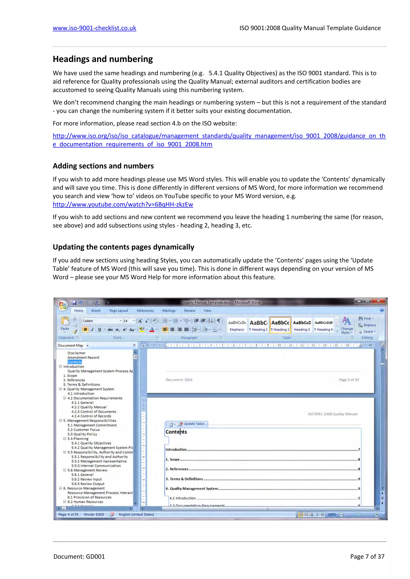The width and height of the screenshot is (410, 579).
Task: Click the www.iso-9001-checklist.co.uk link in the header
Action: click(x=94, y=28)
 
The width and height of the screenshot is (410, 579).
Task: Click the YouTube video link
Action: click(x=123, y=204)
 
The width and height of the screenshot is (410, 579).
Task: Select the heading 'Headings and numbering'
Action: click(x=103, y=59)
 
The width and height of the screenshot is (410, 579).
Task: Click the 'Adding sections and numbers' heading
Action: click(x=103, y=166)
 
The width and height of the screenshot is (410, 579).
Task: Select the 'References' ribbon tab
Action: click(x=145, y=311)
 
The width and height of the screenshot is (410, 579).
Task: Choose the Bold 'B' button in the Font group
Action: click(x=85, y=330)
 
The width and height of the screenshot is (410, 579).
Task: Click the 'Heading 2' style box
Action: click(x=280, y=325)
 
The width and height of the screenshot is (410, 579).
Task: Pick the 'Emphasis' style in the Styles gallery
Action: click(x=237, y=325)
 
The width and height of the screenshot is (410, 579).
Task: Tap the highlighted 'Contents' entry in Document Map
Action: click(x=75, y=362)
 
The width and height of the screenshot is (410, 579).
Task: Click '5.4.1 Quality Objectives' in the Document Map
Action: click(x=91, y=443)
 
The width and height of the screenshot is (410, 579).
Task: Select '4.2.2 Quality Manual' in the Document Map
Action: click(x=89, y=407)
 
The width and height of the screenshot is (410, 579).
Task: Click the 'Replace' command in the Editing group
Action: click(x=369, y=325)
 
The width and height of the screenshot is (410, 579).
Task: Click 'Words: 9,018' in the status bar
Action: click(x=94, y=514)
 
